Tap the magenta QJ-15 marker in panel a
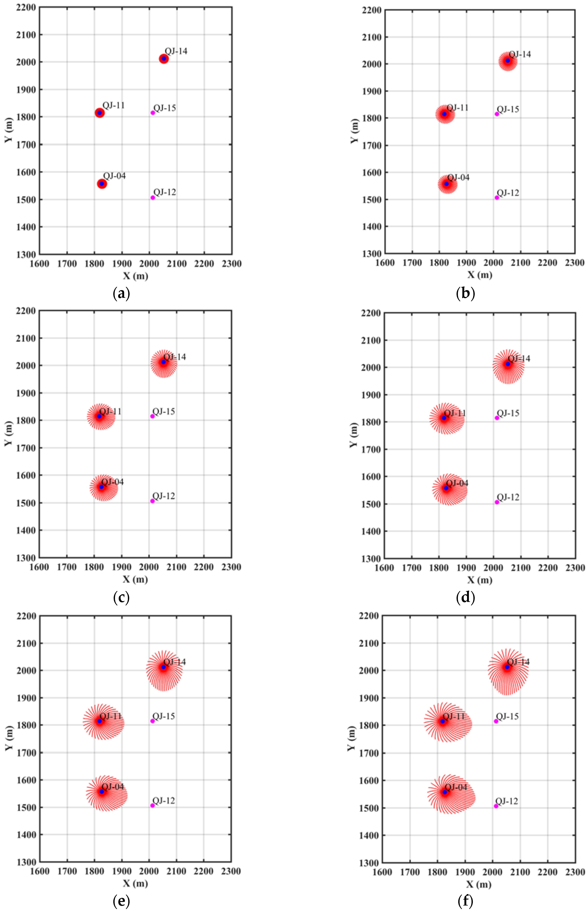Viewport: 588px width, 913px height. point(153,113)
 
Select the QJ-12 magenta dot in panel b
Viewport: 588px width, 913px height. point(497,197)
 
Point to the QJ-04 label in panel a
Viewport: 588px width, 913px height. point(115,176)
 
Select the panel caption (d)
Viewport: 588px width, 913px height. point(465,597)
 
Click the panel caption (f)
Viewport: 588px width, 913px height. point(465,902)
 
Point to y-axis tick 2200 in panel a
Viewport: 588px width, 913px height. point(26,7)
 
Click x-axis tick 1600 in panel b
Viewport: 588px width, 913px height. point(385,263)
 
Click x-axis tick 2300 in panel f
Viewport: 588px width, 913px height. point(575,872)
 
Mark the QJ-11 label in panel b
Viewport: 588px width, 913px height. point(457,108)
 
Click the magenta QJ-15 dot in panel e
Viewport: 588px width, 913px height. point(152,721)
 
